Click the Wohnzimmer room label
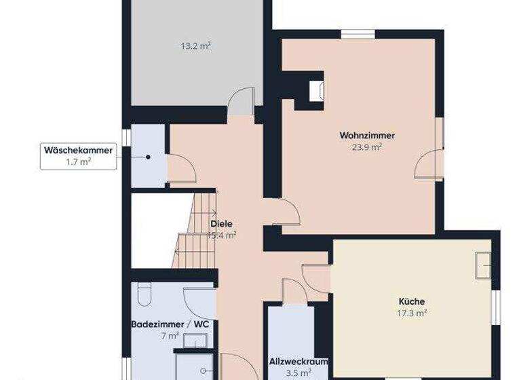[367, 136]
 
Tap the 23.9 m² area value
[367, 147]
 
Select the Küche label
[412, 301]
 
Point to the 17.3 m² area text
[412, 313]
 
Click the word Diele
[220, 224]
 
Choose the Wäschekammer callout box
[77, 155]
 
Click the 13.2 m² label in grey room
[195, 46]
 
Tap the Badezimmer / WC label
[170, 324]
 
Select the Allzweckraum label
[298, 362]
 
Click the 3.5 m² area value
[298, 373]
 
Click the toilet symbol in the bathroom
[143, 294]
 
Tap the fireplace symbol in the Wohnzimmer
[316, 91]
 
